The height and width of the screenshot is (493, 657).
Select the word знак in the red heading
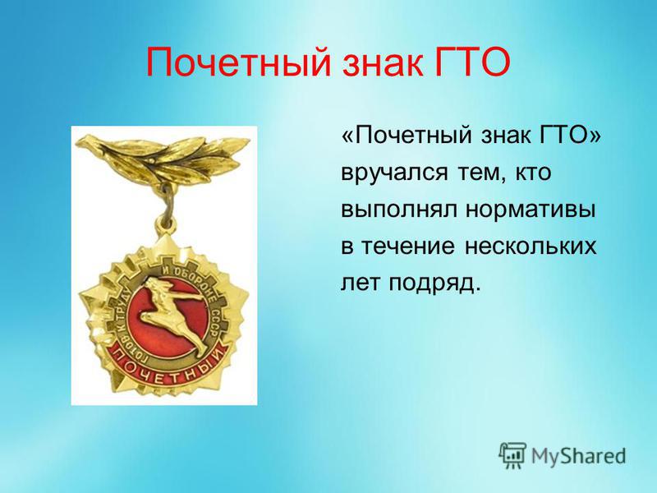click(x=381, y=63)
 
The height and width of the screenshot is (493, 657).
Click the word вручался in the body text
click(x=394, y=173)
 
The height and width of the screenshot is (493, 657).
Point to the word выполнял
click(x=399, y=210)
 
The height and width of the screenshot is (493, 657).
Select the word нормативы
click(x=531, y=210)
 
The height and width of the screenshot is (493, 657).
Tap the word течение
click(x=407, y=246)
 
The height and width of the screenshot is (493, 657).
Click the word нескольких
click(x=530, y=246)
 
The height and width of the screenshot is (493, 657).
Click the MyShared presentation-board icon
click(x=512, y=455)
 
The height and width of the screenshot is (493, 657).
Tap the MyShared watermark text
click(x=578, y=456)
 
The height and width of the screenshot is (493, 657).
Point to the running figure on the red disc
click(x=175, y=316)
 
